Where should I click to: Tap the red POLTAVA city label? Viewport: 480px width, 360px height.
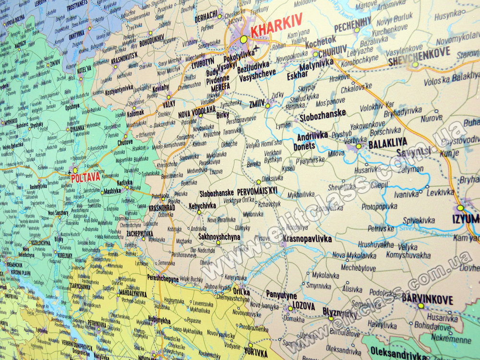tap(86, 177)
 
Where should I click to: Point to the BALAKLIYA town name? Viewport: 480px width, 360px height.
tap(387, 142)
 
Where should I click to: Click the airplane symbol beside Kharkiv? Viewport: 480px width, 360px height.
tap(255, 48)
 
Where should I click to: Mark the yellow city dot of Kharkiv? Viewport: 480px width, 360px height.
tap(244, 39)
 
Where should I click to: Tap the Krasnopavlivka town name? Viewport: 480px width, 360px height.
tap(307, 239)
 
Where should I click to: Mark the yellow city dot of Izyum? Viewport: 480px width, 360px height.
tap(460, 208)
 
